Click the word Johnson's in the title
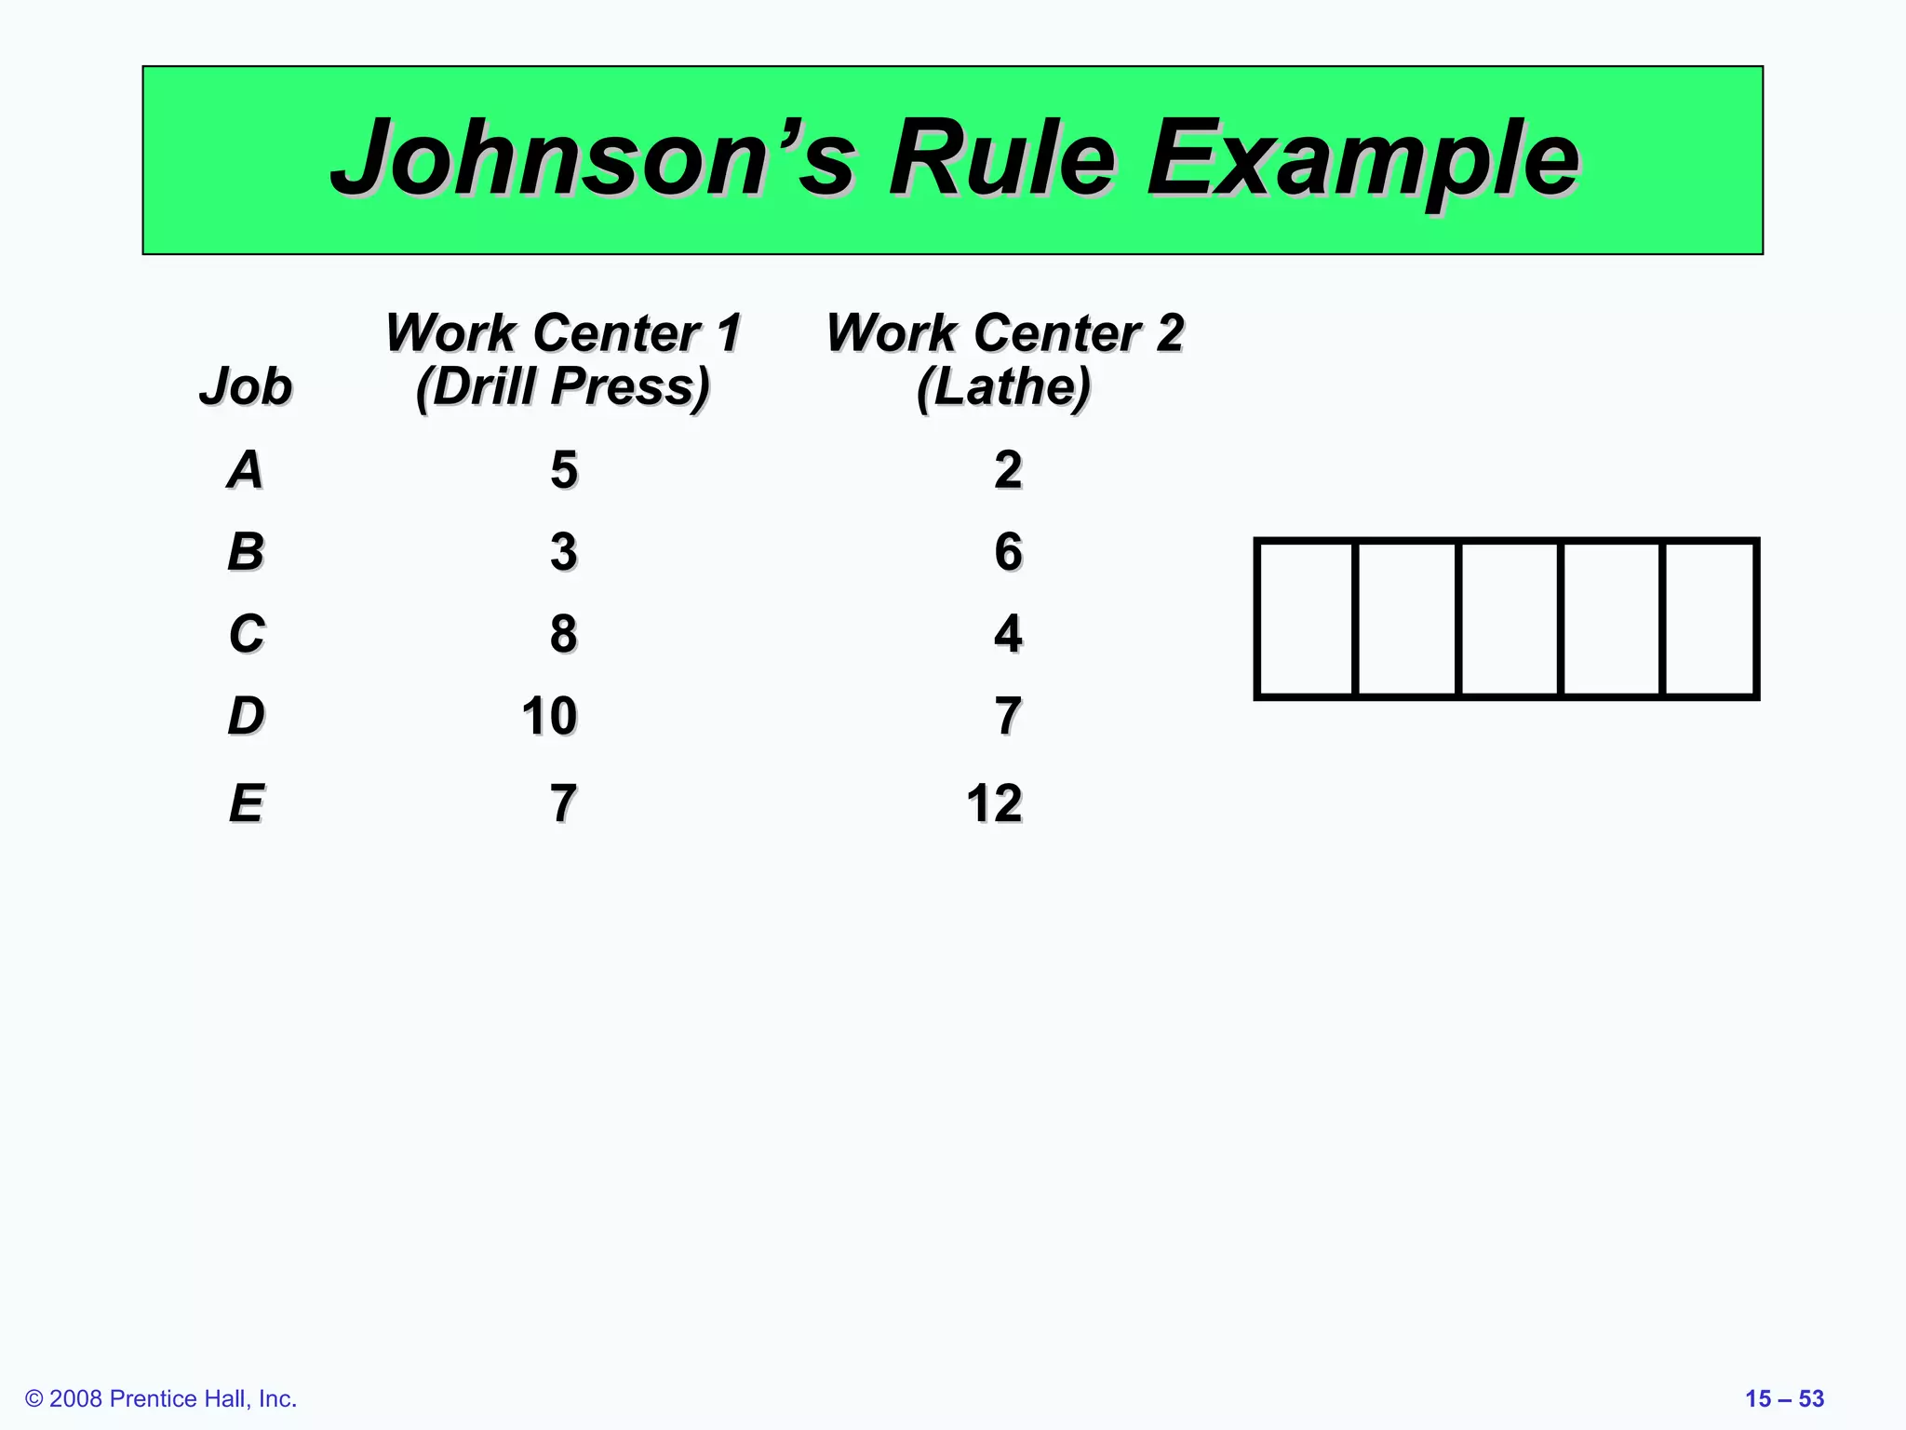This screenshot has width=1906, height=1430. coord(592,158)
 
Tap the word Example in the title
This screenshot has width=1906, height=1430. coord(1362,158)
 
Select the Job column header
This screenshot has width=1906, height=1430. coord(246,385)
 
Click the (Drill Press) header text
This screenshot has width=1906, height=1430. coord(563,385)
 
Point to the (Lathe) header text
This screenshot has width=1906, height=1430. coord(1003,385)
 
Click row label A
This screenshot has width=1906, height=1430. coord(246,469)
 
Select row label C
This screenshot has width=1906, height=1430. coord(247,634)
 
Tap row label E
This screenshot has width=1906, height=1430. coord(247,803)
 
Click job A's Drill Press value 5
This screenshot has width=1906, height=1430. coord(563,469)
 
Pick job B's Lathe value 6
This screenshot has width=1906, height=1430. coord(1008,551)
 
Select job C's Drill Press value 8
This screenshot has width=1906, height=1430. coord(563,634)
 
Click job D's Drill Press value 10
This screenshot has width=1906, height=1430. coord(549,716)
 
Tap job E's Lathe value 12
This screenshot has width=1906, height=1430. coord(994,803)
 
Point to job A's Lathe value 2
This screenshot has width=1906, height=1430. coord(1008,469)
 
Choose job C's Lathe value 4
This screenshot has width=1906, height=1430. coord(1008,634)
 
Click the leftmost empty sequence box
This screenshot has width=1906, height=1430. coord(1306,618)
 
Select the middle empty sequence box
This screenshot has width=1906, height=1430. coord(1508,618)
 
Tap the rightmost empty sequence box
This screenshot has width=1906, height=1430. coord(1709,618)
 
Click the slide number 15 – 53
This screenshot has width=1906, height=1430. coord(1784,1398)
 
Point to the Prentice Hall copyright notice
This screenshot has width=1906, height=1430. coord(161,1398)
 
